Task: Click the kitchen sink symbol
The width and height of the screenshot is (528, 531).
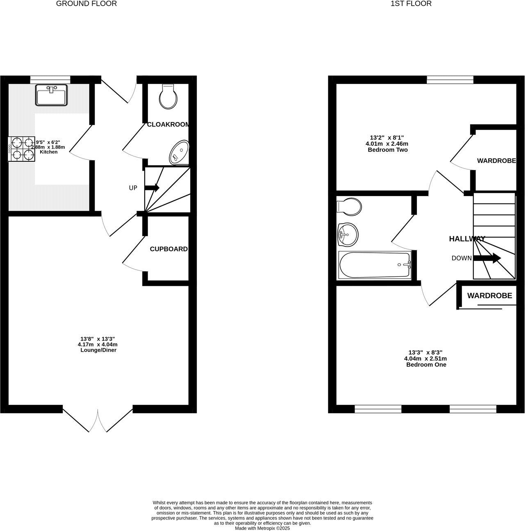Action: [52, 95]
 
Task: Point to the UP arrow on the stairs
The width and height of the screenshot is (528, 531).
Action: [152, 188]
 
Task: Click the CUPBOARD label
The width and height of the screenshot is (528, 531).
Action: [168, 249]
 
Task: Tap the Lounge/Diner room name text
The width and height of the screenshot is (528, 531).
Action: [98, 350]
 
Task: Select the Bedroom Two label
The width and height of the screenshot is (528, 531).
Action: [387, 150]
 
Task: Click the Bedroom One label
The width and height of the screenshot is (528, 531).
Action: [426, 364]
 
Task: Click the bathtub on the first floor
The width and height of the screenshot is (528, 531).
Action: [375, 265]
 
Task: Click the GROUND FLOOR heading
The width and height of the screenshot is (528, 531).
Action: [86, 4]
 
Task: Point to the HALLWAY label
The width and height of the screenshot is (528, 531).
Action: [467, 239]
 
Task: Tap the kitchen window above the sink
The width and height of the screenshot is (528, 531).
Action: [50, 79]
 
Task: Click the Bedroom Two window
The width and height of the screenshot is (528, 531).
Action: [450, 79]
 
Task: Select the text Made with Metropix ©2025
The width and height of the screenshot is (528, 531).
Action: [262, 528]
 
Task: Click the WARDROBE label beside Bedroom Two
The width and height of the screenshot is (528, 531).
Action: [496, 161]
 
